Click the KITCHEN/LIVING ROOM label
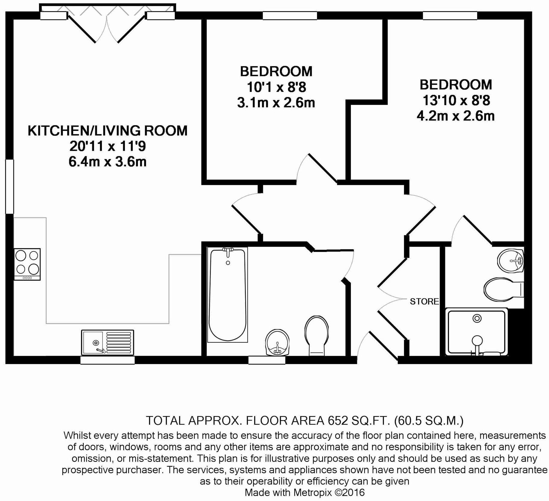pos(107,131)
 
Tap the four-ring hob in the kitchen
pos(27,264)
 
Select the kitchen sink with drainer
pos(107,342)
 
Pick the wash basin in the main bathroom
pos(277,342)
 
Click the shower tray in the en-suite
pos(476,332)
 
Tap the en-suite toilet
pos(502,289)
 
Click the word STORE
pos(424,301)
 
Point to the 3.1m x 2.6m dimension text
pos(276,103)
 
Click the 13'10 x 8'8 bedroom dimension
pos(456,100)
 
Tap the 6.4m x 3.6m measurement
pos(107,162)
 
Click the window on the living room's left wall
pos(10,187)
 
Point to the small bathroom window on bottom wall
pos(267,360)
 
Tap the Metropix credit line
pos(304,492)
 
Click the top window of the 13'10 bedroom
pos(450,16)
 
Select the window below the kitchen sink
pos(107,360)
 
